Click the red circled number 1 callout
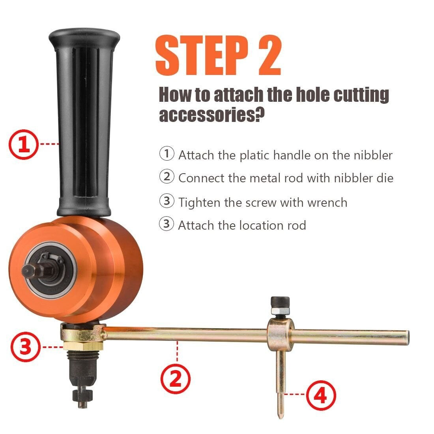click(24, 144)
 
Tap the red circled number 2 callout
click(176, 378)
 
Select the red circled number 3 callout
click(26, 347)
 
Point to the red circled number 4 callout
click(321, 395)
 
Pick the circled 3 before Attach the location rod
click(166, 224)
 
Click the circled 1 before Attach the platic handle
click(166, 153)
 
